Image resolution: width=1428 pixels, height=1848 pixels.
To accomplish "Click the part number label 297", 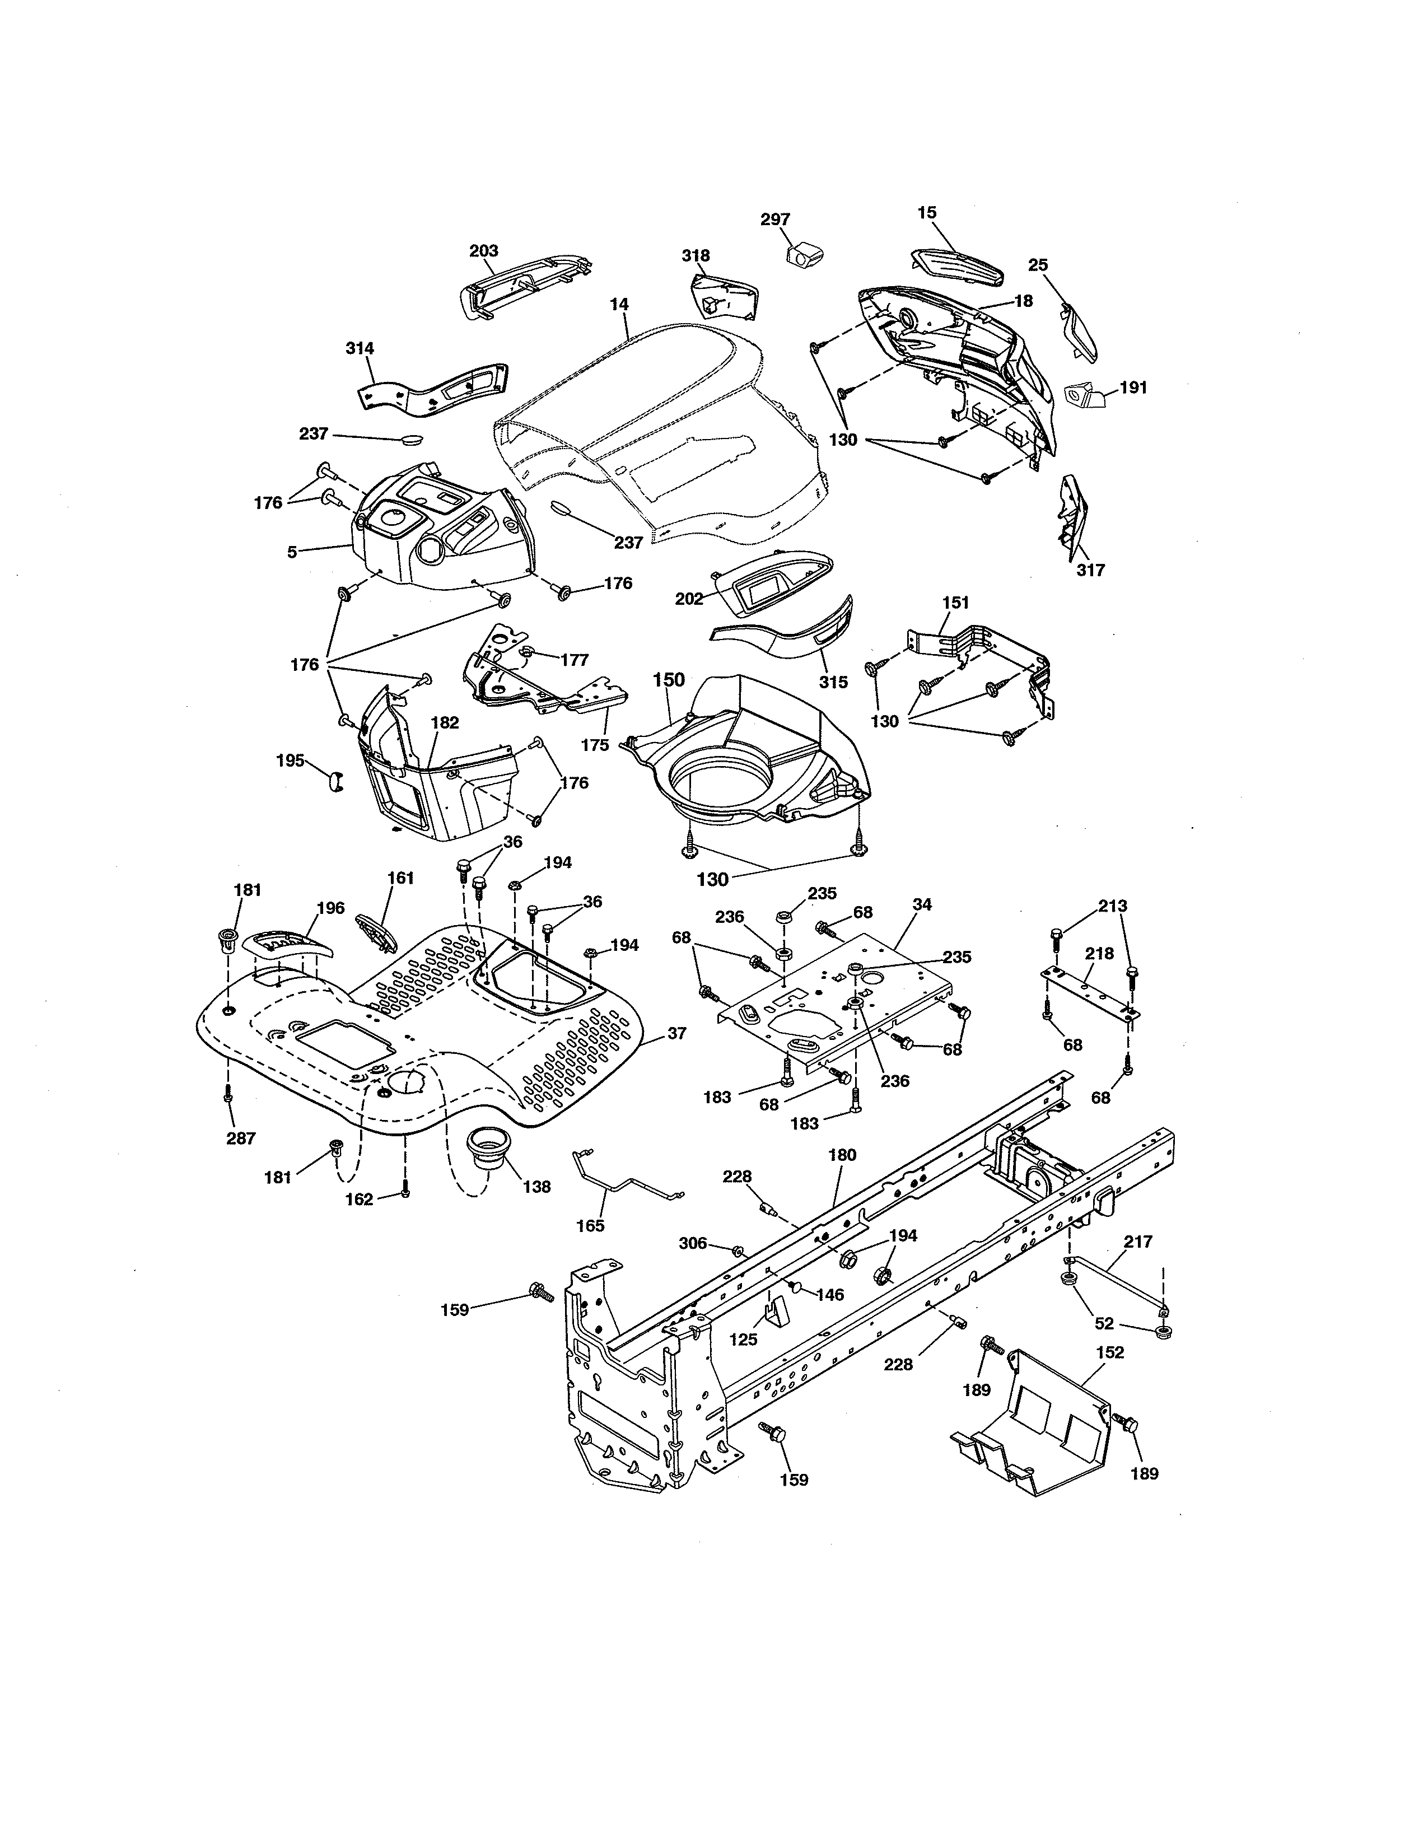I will [x=775, y=219].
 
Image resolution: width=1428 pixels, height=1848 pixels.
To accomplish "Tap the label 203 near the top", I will [x=484, y=250].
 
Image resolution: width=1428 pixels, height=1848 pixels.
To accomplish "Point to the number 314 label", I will [x=360, y=348].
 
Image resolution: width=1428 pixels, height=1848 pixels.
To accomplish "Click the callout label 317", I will [x=1090, y=570].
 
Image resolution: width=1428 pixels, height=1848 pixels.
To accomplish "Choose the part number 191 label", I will [x=1133, y=388].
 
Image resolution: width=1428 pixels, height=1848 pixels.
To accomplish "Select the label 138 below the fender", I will [x=536, y=1186].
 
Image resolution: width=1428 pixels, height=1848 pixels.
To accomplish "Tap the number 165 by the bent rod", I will [x=590, y=1225].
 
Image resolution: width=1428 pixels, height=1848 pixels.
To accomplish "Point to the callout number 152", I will [x=1110, y=1352].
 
